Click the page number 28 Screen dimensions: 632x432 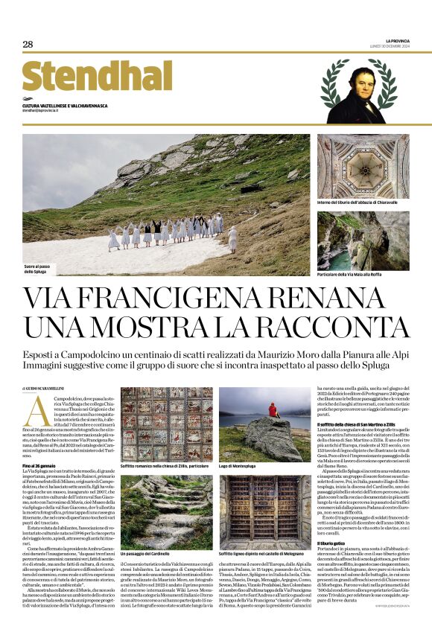point(28,45)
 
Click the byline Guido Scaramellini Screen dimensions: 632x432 point(51,388)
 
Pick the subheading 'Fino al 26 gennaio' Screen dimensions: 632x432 point(40,465)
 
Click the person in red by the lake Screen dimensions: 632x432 point(273,410)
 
